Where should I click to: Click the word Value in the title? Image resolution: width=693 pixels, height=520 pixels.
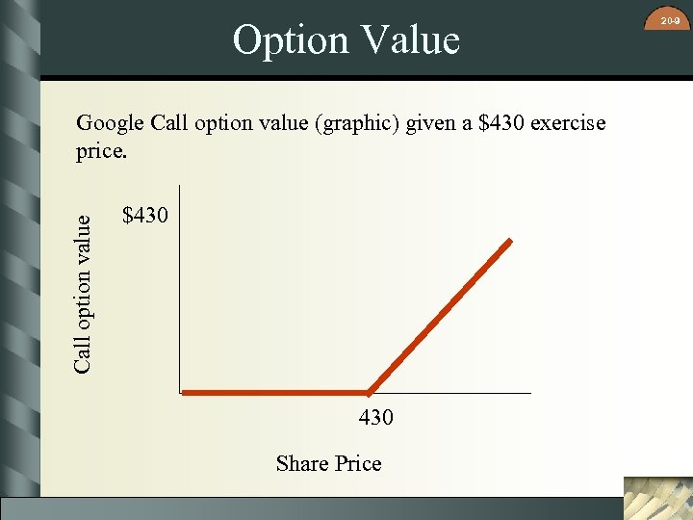click(406, 40)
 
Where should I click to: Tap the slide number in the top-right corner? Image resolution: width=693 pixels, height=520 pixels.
click(673, 17)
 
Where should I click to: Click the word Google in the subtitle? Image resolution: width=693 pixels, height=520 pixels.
click(110, 123)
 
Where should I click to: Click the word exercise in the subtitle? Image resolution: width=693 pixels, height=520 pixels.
click(568, 123)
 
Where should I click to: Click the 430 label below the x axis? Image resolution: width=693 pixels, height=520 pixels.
click(375, 418)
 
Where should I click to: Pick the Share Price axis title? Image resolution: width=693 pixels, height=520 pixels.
click(328, 464)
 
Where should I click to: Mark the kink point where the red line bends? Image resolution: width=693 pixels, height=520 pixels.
click(370, 392)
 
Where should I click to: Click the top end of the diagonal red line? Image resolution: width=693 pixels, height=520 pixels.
click(510, 241)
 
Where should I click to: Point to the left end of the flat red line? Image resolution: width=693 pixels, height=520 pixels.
click(186, 393)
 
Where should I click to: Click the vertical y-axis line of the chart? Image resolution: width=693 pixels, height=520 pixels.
click(179, 289)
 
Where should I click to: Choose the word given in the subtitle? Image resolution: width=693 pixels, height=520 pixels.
click(440, 123)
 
